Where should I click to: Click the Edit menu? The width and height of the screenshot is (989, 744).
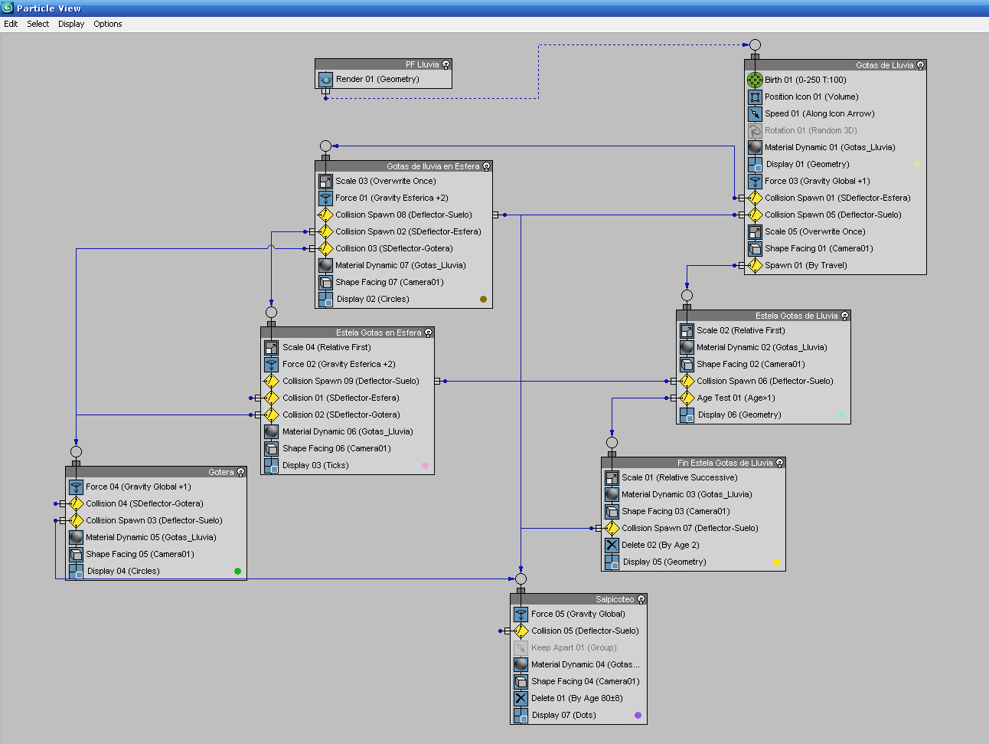pyautogui.click(x=11, y=24)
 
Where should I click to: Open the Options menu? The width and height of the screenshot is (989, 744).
pyautogui.click(x=108, y=24)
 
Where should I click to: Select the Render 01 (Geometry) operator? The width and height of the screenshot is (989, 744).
pyautogui.click(x=377, y=79)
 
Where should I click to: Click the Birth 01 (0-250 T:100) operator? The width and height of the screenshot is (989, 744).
pyautogui.click(x=805, y=80)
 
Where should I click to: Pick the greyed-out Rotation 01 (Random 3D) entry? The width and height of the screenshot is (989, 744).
pyautogui.click(x=810, y=130)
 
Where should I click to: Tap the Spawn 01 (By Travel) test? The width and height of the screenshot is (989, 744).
pyautogui.click(x=805, y=265)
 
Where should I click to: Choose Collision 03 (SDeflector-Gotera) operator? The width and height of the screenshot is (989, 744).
pyautogui.click(x=393, y=248)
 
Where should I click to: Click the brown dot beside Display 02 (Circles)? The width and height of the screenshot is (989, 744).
pyautogui.click(x=483, y=299)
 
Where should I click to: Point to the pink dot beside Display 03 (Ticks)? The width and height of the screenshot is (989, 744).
pyautogui.click(x=425, y=465)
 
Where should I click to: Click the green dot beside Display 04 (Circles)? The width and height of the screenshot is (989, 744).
pyautogui.click(x=237, y=571)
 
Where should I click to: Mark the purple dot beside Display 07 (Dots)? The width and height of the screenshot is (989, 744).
pyautogui.click(x=638, y=715)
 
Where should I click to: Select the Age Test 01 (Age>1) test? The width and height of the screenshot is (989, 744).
pyautogui.click(x=735, y=398)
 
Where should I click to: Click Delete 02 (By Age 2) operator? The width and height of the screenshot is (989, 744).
pyautogui.click(x=660, y=545)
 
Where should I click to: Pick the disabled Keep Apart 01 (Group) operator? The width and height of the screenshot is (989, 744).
pyautogui.click(x=573, y=647)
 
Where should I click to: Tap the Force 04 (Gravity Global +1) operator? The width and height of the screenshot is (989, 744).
pyautogui.click(x=138, y=487)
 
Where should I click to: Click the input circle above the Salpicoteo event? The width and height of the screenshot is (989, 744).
pyautogui.click(x=521, y=578)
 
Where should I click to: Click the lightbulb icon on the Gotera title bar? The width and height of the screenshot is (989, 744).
pyautogui.click(x=240, y=472)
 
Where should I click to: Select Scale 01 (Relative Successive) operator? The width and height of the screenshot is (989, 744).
pyautogui.click(x=679, y=477)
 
